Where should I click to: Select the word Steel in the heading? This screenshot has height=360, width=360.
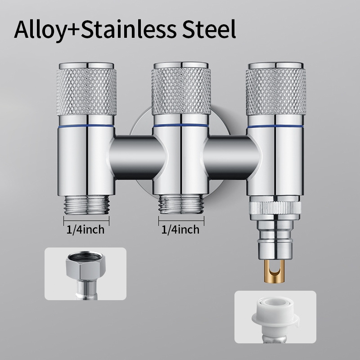coord(209,30)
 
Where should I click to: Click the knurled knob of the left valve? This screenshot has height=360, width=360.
coord(86,91)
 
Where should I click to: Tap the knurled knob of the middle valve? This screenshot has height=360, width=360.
coord(181,91)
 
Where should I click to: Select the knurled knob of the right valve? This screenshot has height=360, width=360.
coord(275,91)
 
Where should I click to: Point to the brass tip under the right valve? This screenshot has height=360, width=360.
coord(276,271)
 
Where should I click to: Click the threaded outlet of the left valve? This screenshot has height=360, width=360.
coord(86,205)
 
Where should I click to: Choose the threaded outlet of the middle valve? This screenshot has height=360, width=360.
coord(181,204)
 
